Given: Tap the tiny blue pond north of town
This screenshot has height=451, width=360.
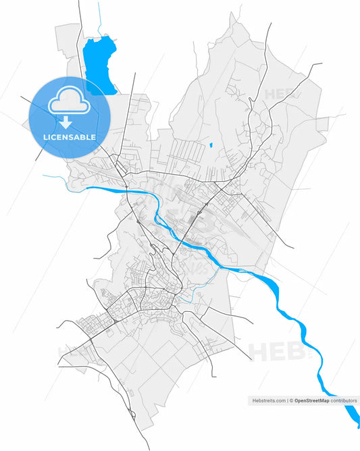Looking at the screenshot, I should [210, 144].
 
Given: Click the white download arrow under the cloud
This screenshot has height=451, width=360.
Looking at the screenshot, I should [65, 122].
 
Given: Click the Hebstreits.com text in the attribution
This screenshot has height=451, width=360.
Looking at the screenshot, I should [268, 400].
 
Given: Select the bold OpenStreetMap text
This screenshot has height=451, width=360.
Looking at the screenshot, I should [311, 400].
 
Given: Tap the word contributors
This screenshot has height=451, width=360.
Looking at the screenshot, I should [344, 400].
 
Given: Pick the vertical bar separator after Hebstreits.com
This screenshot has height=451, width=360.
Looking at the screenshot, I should [288, 400].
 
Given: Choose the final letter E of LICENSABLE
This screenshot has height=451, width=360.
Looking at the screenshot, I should [93, 137].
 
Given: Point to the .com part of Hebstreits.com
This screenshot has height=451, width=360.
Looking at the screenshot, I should [280, 400].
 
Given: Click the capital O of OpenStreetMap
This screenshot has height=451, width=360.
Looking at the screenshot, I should [297, 400].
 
